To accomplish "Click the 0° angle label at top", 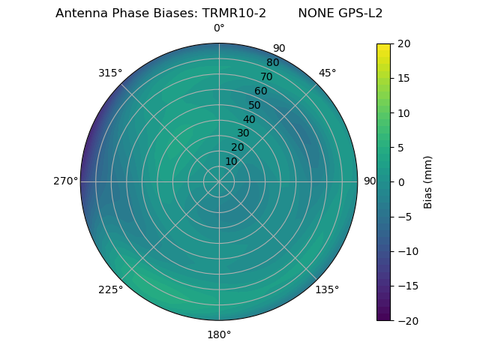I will pos(219,28).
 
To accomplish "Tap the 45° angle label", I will pos(327,73).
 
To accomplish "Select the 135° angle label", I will pos(327,289).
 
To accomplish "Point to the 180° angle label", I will pos(219,334).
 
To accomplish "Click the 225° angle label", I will pos(110,289).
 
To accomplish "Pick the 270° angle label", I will pos(65,181).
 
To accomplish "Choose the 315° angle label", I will pos(110,73).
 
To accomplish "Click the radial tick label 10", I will pos(231,161).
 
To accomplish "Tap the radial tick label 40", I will pos(249,119).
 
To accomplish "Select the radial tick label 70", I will pos(266,77).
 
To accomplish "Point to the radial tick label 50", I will pos(255,105).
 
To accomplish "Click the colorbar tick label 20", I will pos(404,43).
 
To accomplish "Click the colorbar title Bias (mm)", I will pos(428,182).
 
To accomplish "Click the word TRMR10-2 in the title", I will pos(235,13).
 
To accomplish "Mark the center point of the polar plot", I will pos(219,181).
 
